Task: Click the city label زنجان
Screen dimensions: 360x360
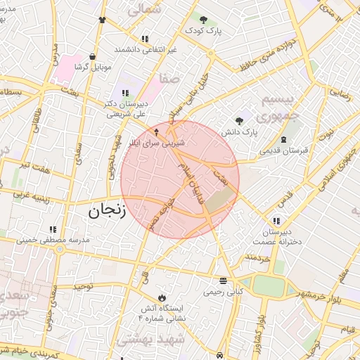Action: [105, 210]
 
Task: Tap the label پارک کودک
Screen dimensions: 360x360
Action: [204, 31]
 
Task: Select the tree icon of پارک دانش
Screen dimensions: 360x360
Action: [240, 121]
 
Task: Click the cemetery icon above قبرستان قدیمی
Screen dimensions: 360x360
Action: [283, 139]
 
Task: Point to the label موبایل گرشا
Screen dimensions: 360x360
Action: [93, 67]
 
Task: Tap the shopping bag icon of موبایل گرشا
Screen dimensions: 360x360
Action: [93, 57]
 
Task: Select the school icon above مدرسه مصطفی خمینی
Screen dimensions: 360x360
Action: [53, 229]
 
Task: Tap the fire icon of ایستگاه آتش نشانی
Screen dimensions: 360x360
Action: [163, 297]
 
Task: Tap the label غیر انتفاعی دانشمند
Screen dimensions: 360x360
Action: [145, 51]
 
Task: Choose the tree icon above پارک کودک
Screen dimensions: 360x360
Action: [203, 20]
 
